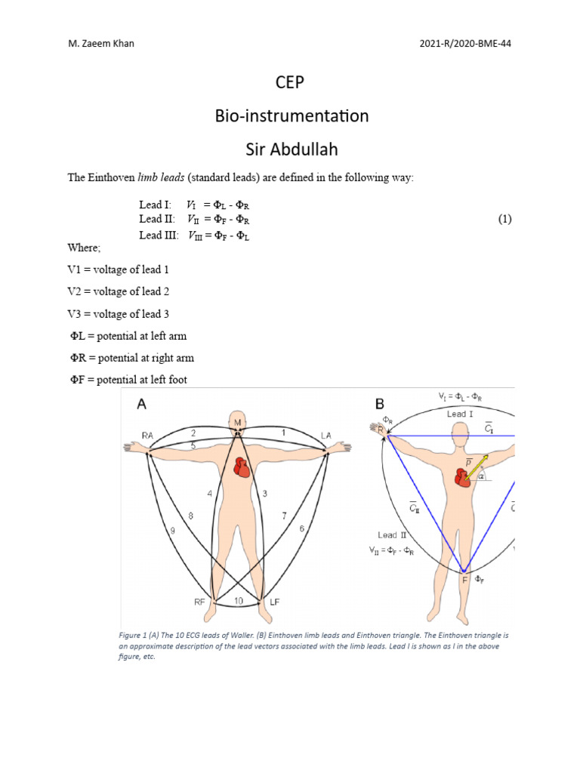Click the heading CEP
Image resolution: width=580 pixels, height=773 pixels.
(290, 82)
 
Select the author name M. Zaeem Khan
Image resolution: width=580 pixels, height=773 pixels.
(101, 43)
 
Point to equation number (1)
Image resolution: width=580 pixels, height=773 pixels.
(505, 220)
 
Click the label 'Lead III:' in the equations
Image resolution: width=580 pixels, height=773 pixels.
(157, 235)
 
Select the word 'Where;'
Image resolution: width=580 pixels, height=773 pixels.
(82, 247)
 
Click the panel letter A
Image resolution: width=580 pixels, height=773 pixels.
(141, 404)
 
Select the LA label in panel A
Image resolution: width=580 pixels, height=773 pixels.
(326, 435)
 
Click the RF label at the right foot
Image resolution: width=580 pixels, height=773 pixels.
(200, 602)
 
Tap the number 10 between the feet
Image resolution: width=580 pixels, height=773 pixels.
(239, 601)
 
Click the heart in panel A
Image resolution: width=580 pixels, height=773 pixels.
(242, 468)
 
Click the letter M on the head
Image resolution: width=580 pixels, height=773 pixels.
(238, 421)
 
